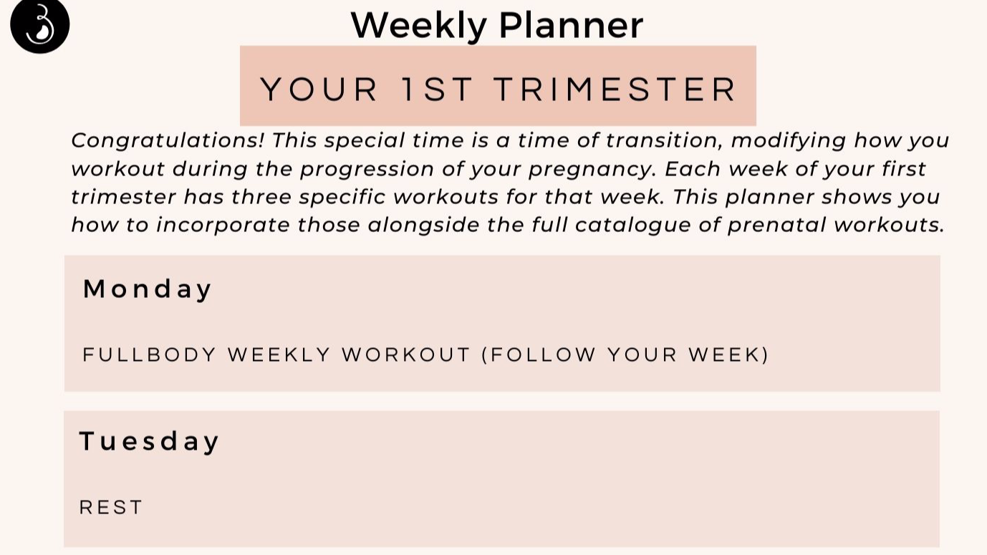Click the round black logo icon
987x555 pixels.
(39, 25)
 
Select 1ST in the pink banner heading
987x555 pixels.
(436, 90)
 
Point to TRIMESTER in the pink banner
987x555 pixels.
(615, 90)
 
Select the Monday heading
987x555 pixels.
(148, 289)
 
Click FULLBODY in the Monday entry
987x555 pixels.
(150, 355)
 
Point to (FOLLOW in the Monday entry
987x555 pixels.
(539, 355)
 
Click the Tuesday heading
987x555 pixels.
(149, 441)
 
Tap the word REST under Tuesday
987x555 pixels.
(111, 508)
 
